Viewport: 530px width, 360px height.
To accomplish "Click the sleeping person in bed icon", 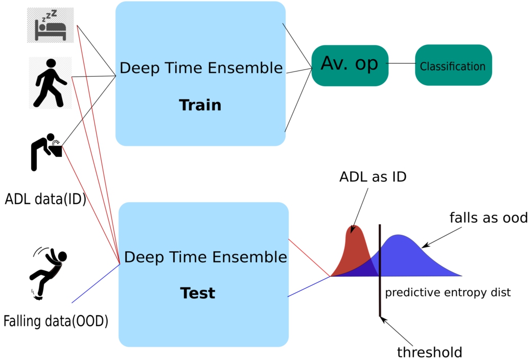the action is pos(51,26).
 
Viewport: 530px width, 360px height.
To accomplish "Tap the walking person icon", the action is pos(51,83).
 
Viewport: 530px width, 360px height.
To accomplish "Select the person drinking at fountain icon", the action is pos(47,152).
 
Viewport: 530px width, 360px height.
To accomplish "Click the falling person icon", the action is pos(48,274).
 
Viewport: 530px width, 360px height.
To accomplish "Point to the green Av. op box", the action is pos(350,65).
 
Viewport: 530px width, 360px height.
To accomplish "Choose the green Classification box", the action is pos(453,65).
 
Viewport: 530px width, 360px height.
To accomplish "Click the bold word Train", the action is pos(200,105).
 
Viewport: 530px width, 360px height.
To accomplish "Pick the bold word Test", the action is pos(198,293).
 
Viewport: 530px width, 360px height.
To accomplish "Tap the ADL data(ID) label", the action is pos(45,199).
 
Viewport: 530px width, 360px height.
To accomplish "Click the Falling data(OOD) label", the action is pos(56,321).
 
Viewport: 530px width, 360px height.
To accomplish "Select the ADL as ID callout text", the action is pos(373,177).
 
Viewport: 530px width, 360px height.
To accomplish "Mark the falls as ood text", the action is pos(489,218).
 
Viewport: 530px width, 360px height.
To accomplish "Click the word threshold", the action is pos(430,352).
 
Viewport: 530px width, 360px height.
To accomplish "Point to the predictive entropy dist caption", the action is pos(448,292).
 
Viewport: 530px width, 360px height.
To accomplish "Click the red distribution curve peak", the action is pos(354,226).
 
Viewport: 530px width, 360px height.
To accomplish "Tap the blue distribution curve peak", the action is pos(399,235).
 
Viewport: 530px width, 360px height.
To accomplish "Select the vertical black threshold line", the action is pos(380,270).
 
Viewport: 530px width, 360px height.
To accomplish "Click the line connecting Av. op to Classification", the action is pos(402,63).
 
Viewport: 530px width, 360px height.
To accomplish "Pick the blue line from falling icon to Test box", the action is pos(96,283).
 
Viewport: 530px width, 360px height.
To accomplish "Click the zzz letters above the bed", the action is pos(50,16).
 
